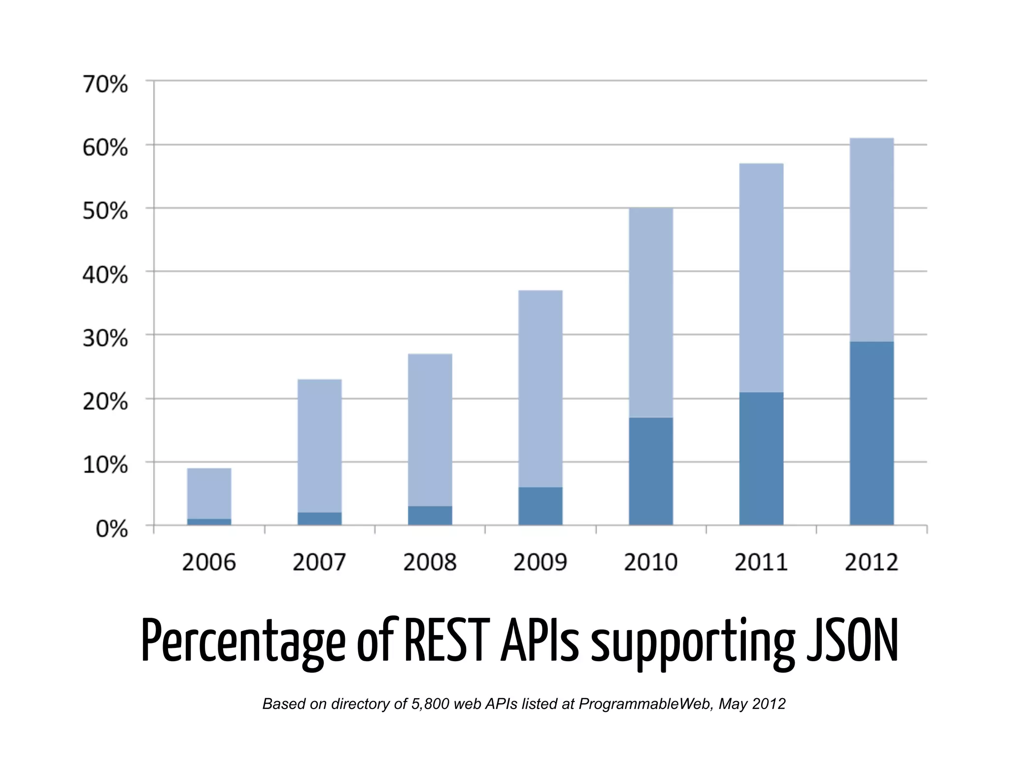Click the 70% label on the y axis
(x=105, y=85)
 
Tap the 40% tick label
(x=105, y=275)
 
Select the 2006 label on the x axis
(x=209, y=563)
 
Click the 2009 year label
(x=540, y=563)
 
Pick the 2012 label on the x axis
(x=871, y=563)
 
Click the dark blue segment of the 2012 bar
(x=871, y=433)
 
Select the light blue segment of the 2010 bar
(x=650, y=313)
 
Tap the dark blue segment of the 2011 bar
(x=761, y=459)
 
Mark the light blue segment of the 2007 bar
(x=319, y=446)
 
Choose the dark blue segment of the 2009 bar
(x=540, y=506)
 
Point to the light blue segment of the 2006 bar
(x=209, y=493)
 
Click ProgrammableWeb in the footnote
(x=645, y=704)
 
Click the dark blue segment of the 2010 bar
(x=650, y=471)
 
